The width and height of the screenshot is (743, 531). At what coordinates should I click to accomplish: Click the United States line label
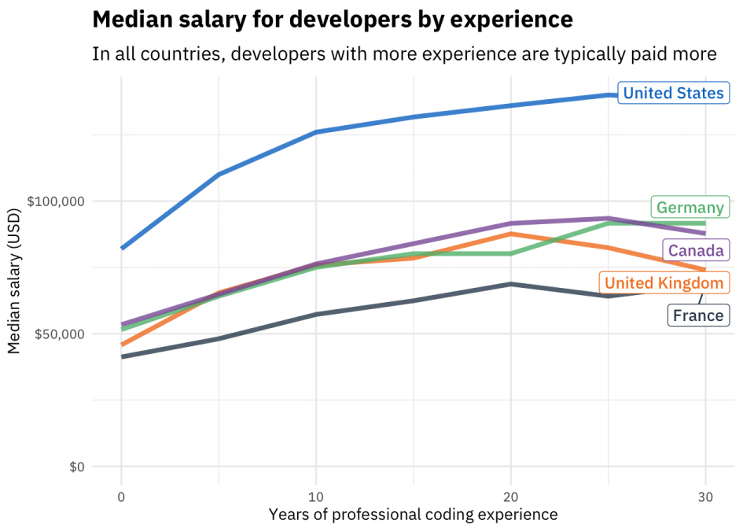click(x=673, y=94)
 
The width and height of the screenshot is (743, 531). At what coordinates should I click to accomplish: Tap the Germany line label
click(x=690, y=208)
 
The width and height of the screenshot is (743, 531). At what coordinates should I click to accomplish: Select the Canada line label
click(x=696, y=251)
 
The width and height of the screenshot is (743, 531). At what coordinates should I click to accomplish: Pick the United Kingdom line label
click(x=664, y=283)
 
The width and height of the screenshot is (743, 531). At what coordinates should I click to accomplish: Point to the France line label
click(x=697, y=315)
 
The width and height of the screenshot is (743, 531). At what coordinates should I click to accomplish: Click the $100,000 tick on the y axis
click(x=56, y=201)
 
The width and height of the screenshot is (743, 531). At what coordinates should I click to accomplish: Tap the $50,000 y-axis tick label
click(x=59, y=334)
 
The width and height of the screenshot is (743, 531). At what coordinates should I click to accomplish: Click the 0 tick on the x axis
click(x=121, y=496)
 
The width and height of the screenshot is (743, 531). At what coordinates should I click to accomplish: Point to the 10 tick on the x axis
click(x=316, y=496)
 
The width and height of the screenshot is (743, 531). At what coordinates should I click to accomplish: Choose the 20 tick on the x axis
click(x=511, y=496)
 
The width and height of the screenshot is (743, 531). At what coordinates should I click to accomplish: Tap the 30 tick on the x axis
click(x=705, y=496)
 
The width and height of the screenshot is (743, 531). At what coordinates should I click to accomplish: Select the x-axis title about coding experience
click(x=413, y=514)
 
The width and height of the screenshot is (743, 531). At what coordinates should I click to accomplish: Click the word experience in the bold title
click(x=504, y=19)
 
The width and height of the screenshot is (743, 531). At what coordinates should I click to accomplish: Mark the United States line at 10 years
click(x=316, y=132)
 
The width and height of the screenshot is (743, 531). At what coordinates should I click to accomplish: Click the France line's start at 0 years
click(x=122, y=357)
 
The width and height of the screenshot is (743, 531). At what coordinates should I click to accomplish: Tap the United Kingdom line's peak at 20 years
click(x=511, y=234)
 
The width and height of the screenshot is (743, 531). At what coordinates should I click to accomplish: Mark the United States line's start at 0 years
click(x=122, y=248)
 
